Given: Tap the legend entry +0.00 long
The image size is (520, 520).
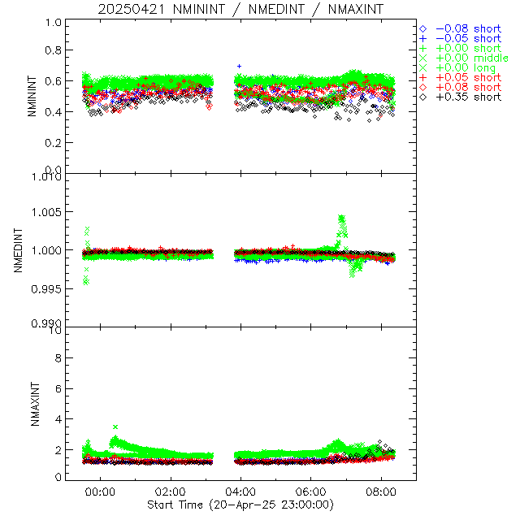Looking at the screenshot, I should click(x=465, y=67).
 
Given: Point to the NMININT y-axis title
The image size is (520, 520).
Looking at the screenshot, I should click(x=32, y=97).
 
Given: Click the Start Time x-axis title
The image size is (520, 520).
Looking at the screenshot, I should click(x=240, y=505).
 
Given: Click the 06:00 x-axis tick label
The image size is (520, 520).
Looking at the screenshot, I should click(x=311, y=492).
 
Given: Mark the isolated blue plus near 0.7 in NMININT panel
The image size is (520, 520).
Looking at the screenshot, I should click(x=239, y=66).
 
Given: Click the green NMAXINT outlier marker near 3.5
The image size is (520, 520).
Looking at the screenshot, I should click(x=115, y=427).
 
